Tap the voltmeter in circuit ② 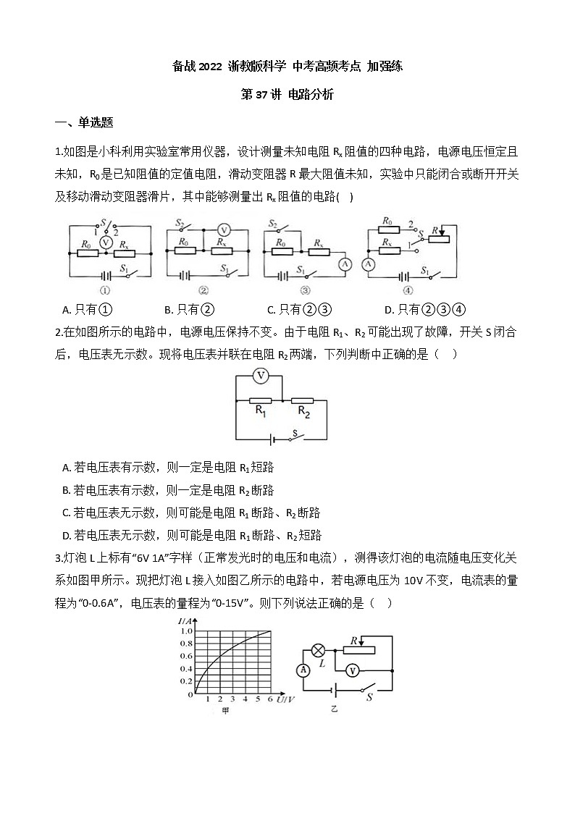(x=224, y=229)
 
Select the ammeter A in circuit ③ (x=346, y=264)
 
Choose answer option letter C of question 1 (x=270, y=311)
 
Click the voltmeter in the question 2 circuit (x=263, y=376)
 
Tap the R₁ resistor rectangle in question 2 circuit (x=260, y=400)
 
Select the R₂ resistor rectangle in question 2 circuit (x=303, y=400)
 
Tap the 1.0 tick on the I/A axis (x=187, y=631)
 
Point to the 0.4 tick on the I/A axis (x=187, y=670)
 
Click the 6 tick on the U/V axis (x=270, y=699)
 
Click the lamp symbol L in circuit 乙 (x=316, y=650)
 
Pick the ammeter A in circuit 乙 (x=304, y=670)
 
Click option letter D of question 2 (x=66, y=536)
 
